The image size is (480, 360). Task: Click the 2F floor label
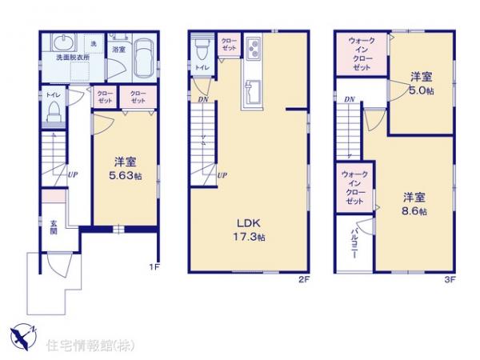coord(304,280)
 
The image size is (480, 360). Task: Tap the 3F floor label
coord(450,280)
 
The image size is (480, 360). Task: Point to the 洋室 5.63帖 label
coord(125,167)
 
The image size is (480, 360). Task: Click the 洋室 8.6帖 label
coord(414,204)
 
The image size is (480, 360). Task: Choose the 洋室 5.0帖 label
coord(422,83)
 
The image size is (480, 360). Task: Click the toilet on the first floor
coord(55,111)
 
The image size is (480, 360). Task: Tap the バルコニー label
coord(354,240)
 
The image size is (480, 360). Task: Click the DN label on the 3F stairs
coord(349,99)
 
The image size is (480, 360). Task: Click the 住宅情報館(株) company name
coord(81,345)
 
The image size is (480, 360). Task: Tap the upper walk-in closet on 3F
coord(360,54)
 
